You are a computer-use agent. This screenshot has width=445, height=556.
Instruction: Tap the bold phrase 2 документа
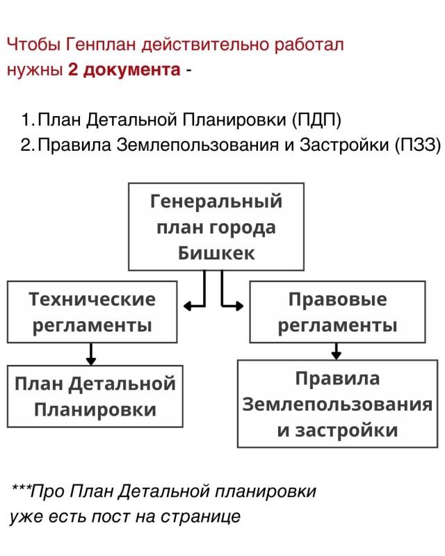pyautogui.click(x=124, y=70)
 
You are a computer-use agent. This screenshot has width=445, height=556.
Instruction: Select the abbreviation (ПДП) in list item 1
pyautogui.click(x=316, y=120)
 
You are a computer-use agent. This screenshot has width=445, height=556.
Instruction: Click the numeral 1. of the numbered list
pyautogui.click(x=28, y=120)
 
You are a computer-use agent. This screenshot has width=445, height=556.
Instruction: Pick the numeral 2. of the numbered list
pyautogui.click(x=28, y=145)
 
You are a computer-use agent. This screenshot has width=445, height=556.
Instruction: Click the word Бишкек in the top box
pyautogui.click(x=216, y=253)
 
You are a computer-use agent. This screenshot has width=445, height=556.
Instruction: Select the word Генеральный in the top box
pyautogui.click(x=216, y=202)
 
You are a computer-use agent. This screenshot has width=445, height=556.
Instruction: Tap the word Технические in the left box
pyautogui.click(x=92, y=300)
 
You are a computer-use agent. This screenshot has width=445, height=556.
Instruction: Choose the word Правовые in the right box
pyautogui.click(x=337, y=300)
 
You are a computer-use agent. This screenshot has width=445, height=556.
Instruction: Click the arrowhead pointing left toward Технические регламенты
pyautogui.click(x=188, y=306)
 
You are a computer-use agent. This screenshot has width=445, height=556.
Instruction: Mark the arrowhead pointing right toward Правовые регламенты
pyautogui.click(x=239, y=305)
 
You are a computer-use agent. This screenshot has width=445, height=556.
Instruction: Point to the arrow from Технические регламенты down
pyautogui.click(x=91, y=354)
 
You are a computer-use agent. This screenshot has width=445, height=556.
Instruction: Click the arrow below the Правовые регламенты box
pyautogui.click(x=336, y=352)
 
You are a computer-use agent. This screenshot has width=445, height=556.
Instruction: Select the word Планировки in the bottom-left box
pyautogui.click(x=95, y=410)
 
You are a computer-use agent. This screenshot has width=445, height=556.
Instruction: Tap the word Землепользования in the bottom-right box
pyautogui.click(x=337, y=404)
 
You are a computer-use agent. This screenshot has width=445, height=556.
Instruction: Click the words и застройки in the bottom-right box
pyautogui.click(x=337, y=430)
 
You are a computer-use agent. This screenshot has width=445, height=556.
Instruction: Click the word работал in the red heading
pyautogui.click(x=309, y=45)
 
